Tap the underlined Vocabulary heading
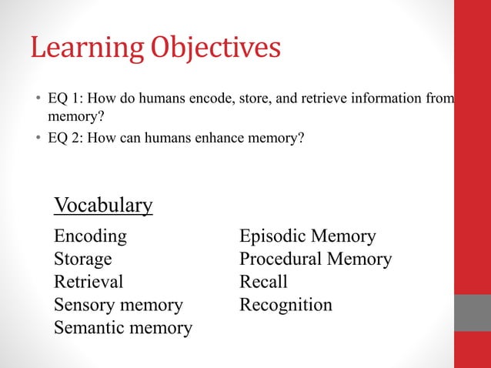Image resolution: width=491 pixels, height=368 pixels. [x=103, y=206]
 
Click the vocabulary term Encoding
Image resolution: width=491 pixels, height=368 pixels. [x=91, y=236]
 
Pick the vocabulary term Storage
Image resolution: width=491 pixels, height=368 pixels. [x=83, y=259]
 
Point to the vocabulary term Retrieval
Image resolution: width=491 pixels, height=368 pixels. [x=89, y=282]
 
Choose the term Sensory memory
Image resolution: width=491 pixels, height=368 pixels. [x=119, y=305]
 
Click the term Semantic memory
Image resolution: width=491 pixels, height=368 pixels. [x=123, y=328]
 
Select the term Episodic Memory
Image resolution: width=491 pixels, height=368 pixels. [x=308, y=236]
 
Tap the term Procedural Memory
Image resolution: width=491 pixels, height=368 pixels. [x=316, y=259]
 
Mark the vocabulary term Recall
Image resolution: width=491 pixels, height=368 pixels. [x=263, y=282]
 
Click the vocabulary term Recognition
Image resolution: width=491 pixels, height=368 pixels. [x=286, y=305]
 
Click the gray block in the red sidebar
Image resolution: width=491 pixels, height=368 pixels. [x=473, y=313]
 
